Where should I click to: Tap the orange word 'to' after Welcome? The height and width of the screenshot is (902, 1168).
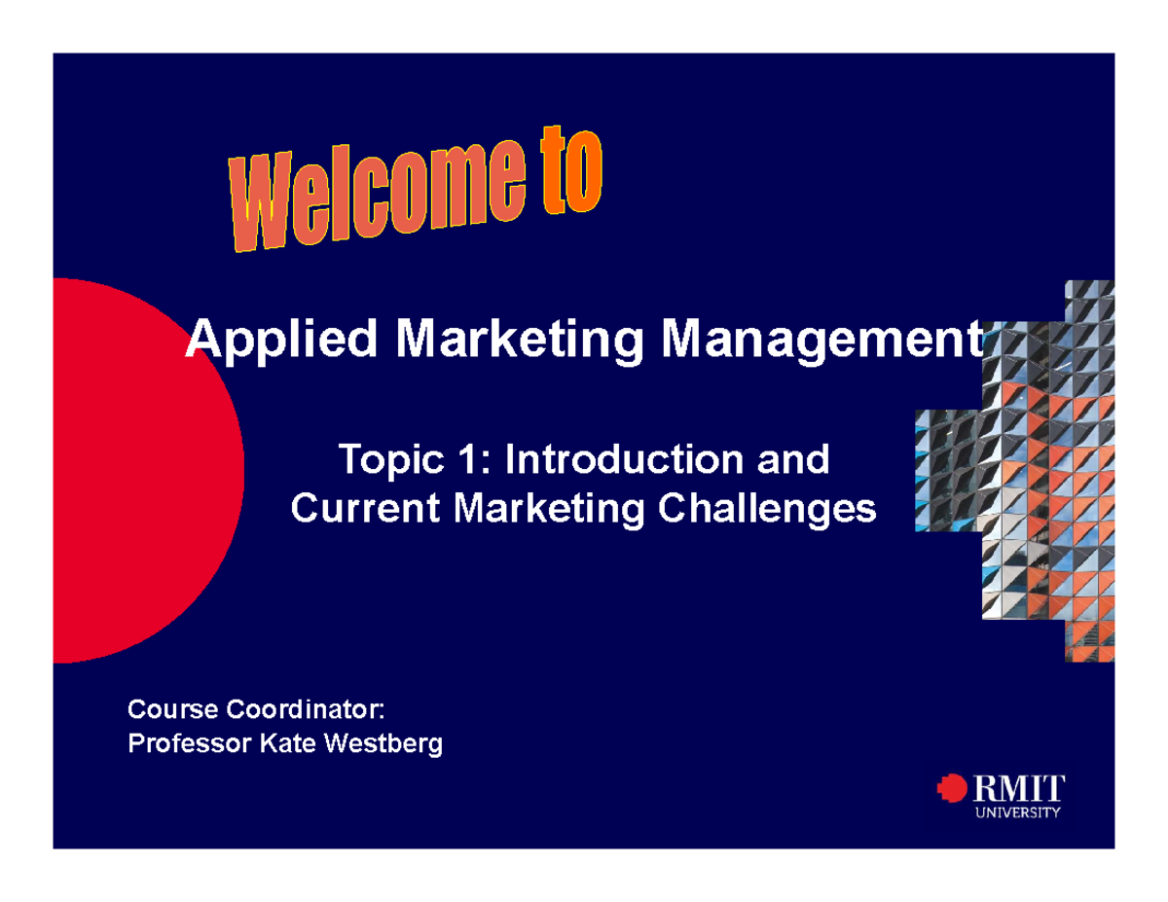pos(570,177)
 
